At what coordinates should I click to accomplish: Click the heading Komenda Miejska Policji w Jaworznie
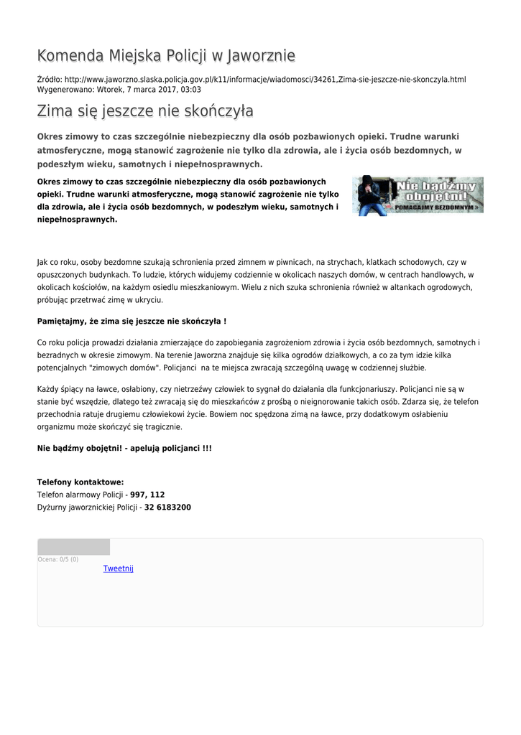point(166,56)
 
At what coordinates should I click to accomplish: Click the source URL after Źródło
point(265,79)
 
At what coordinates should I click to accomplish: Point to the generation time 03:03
point(191,90)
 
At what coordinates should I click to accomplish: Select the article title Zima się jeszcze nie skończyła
point(145,111)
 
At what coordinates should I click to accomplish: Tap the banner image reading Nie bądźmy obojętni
point(418,195)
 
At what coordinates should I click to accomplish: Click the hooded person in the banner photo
point(372,195)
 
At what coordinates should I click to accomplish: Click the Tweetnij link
point(119,568)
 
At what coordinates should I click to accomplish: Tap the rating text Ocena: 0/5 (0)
point(58,559)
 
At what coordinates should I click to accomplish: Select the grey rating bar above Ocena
point(74,547)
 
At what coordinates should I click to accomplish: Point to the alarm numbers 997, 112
point(147,495)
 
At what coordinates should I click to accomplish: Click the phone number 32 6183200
point(167,507)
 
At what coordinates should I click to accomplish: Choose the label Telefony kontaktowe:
point(80,482)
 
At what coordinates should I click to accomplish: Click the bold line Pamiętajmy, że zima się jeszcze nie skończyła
point(132,321)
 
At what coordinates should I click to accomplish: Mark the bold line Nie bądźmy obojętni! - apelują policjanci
point(124,448)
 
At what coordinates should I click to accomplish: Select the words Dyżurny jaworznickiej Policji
point(87,507)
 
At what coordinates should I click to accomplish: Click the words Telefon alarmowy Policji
point(80,495)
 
